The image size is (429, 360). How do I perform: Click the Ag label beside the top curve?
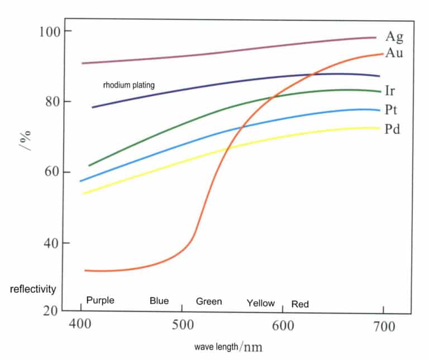(394, 37)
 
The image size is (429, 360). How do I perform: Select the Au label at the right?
(394, 54)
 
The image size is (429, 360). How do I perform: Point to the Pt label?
(391, 109)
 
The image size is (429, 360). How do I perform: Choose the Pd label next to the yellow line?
(392, 129)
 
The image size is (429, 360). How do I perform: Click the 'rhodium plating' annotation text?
(128, 85)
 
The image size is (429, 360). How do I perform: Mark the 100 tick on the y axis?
(49, 31)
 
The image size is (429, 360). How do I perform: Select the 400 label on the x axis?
(81, 325)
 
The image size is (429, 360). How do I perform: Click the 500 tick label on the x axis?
(182, 325)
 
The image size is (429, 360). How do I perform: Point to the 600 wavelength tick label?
(282, 325)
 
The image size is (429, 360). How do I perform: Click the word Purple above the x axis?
(100, 300)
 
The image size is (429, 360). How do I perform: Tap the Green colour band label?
(208, 301)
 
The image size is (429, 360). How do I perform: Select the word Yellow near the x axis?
(260, 303)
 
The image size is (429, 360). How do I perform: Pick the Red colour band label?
(300, 304)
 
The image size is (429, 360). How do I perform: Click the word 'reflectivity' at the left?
(33, 289)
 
